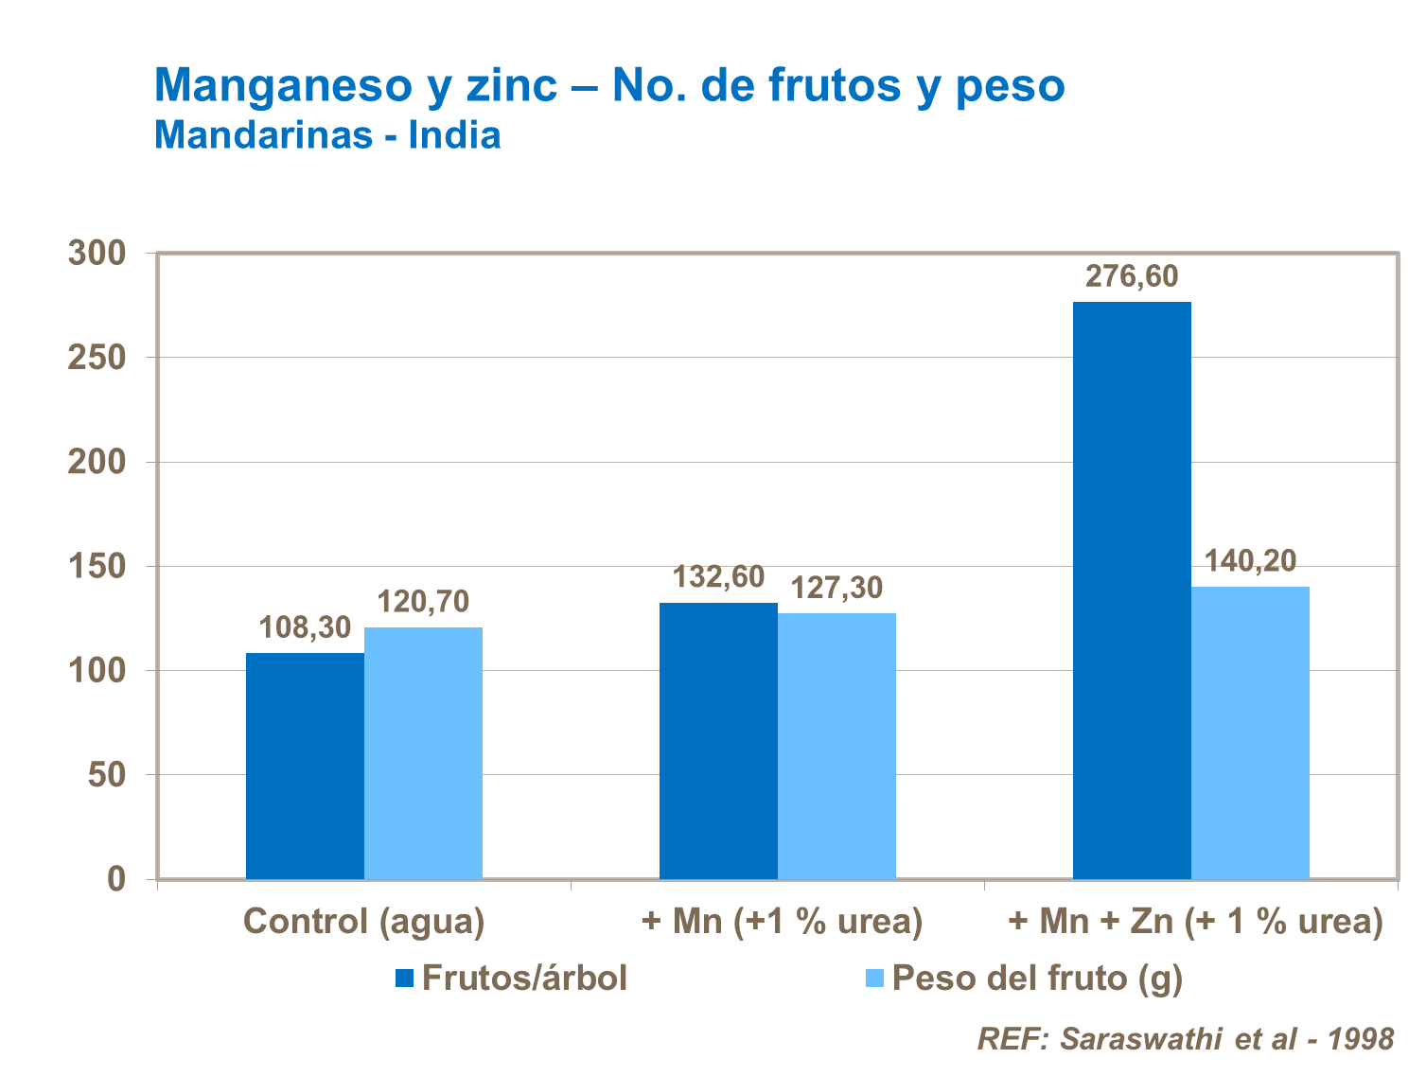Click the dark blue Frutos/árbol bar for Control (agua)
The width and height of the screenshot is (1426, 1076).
tap(305, 766)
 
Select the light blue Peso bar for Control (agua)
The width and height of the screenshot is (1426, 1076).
tap(423, 753)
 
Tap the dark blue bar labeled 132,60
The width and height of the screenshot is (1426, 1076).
tap(718, 741)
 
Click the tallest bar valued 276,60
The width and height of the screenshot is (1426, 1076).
tap(1132, 591)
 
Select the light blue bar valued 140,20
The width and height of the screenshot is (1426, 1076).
tap(1250, 732)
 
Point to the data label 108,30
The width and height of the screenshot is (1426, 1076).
tap(305, 627)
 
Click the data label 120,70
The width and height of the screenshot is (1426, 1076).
tap(423, 602)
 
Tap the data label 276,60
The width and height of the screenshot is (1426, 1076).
tap(1132, 276)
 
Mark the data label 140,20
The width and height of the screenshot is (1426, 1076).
tap(1250, 561)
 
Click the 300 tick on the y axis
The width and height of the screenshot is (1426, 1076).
tap(97, 254)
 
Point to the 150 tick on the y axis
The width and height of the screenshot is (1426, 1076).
tap(97, 567)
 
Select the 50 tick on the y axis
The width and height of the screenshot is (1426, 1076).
tap(107, 775)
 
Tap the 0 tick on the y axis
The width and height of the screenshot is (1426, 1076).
tap(116, 879)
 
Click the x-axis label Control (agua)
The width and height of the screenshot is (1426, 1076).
tap(364, 921)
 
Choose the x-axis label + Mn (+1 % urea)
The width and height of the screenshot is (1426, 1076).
tap(782, 921)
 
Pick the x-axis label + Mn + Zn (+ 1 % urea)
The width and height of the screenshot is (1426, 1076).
tap(1195, 921)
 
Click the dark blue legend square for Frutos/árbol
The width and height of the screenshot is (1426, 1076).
tap(405, 979)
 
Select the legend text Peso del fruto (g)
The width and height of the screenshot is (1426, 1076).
tap(1037, 979)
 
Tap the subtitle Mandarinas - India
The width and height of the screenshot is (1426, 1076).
tap(327, 134)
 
